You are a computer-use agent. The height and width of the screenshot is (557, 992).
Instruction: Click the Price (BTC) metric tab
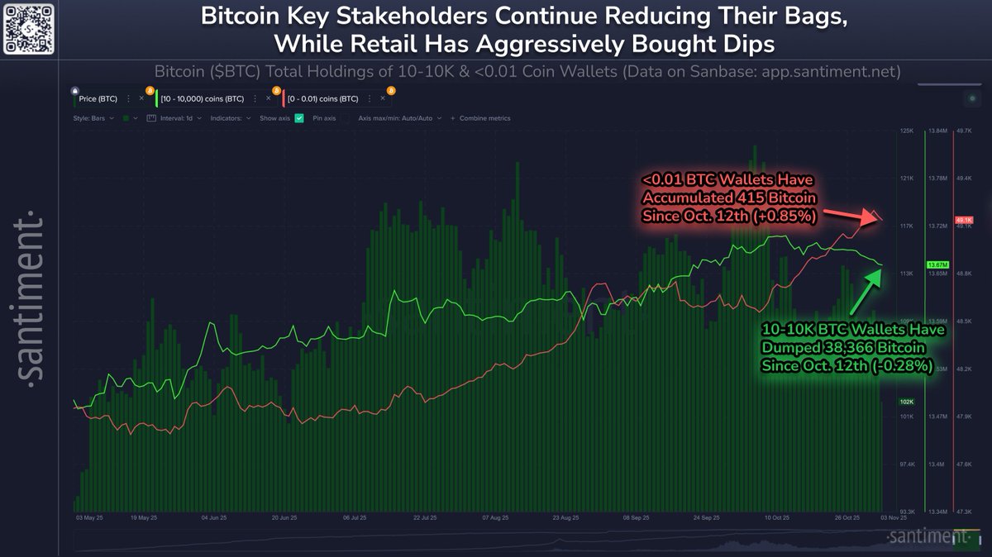(x=98, y=98)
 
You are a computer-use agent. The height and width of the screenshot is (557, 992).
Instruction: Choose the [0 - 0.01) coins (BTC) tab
(x=322, y=98)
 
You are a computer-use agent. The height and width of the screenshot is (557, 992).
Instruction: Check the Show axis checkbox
(x=299, y=118)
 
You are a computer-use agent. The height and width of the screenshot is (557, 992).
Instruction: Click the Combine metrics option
(x=484, y=118)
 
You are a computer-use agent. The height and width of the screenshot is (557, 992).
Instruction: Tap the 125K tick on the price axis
(x=907, y=131)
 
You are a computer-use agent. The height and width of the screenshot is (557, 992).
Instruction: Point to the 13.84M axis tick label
(x=937, y=131)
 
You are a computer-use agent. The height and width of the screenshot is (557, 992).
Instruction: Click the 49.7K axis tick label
(x=964, y=131)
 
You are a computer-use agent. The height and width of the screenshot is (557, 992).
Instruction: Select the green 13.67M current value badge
(x=937, y=264)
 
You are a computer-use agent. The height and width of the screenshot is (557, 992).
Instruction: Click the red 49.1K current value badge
(x=964, y=220)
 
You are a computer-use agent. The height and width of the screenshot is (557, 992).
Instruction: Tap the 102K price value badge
(x=907, y=402)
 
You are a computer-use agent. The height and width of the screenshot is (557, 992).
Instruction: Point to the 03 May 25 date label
(x=89, y=519)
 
